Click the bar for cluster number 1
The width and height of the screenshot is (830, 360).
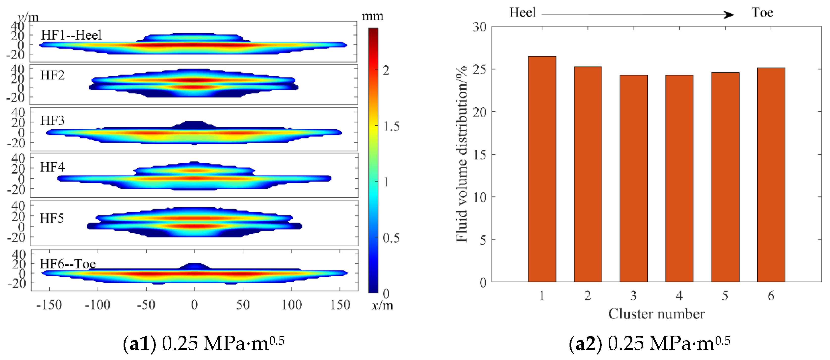[x=542, y=169]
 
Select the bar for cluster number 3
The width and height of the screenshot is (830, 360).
[x=633, y=179]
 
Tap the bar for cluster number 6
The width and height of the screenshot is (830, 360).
[x=771, y=175]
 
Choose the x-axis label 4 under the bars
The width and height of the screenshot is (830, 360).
[x=679, y=296]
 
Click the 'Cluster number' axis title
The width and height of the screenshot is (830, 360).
[x=656, y=314]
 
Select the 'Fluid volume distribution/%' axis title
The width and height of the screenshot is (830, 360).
[x=462, y=154]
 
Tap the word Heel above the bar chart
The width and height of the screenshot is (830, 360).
[x=522, y=13]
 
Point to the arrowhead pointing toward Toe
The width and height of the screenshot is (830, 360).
[x=729, y=15]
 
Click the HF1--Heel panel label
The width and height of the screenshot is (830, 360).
[x=71, y=35]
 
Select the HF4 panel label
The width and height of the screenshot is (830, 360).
[x=52, y=167]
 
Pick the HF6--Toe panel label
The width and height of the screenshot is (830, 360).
[x=68, y=264]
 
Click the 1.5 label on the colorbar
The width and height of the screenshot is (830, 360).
[x=391, y=126]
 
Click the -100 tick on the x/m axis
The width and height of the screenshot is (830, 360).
[x=98, y=305]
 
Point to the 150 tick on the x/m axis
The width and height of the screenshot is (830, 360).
[x=340, y=305]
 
